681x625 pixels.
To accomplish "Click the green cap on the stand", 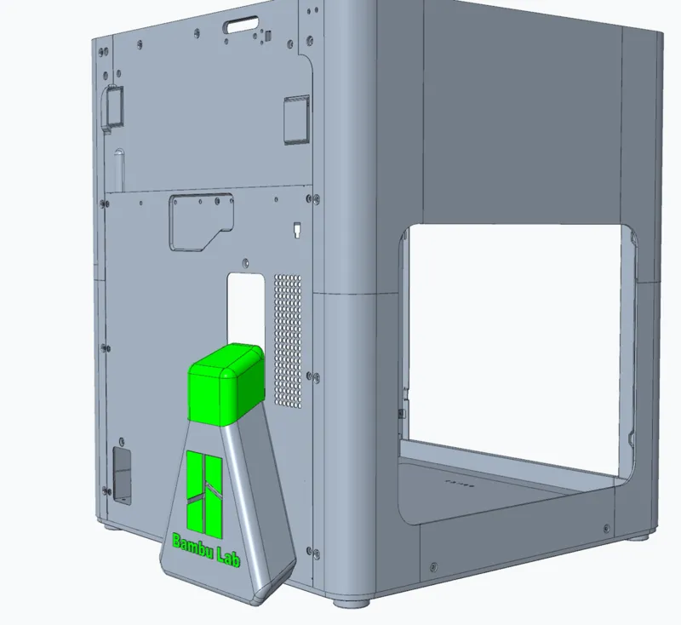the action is click(x=226, y=384).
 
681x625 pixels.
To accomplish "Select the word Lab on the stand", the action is click(x=228, y=557).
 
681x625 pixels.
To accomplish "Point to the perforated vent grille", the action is click(x=288, y=341).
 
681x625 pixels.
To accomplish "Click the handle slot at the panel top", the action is click(x=241, y=25).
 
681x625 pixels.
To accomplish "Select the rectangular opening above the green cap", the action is click(x=246, y=309).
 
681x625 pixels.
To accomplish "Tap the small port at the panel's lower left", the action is click(x=122, y=476).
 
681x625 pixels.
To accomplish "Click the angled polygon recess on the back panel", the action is click(x=202, y=222).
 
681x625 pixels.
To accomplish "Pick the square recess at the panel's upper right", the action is click(x=297, y=120).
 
